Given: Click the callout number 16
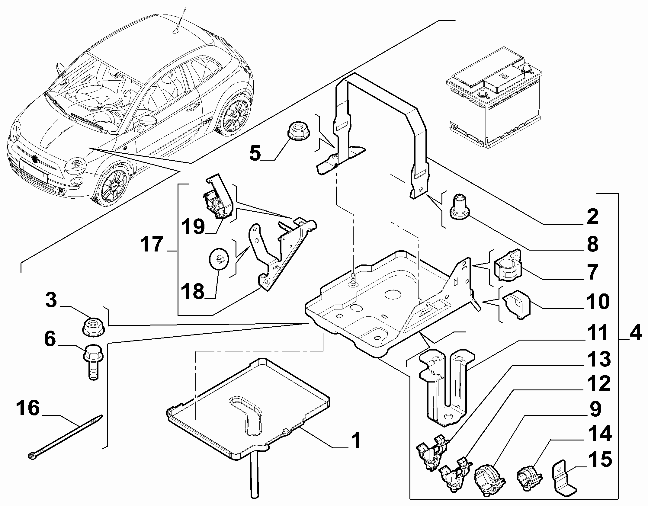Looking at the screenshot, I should tap(28, 408).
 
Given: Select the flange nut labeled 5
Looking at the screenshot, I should tap(297, 132).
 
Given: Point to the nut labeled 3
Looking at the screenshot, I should tap(94, 327).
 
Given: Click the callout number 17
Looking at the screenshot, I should tap(152, 244).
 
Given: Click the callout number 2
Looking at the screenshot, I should tap(592, 216).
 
